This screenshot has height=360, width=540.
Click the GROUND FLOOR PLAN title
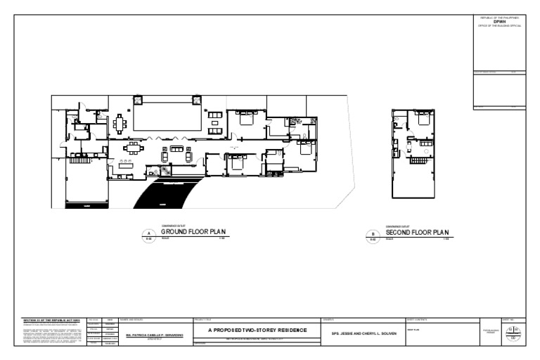[192, 231]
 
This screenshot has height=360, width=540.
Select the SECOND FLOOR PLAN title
[417, 231]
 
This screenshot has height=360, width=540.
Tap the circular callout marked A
[148, 236]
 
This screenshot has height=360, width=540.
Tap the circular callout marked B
[373, 236]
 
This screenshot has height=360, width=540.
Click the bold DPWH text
[500, 21]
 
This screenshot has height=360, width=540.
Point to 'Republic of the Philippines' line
[500, 17]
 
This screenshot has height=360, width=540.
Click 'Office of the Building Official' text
[500, 25]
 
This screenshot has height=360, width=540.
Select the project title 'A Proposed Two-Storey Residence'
[257, 330]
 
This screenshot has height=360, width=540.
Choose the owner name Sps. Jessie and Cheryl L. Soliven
[360, 333]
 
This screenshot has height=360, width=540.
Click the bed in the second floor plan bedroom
[423, 119]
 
